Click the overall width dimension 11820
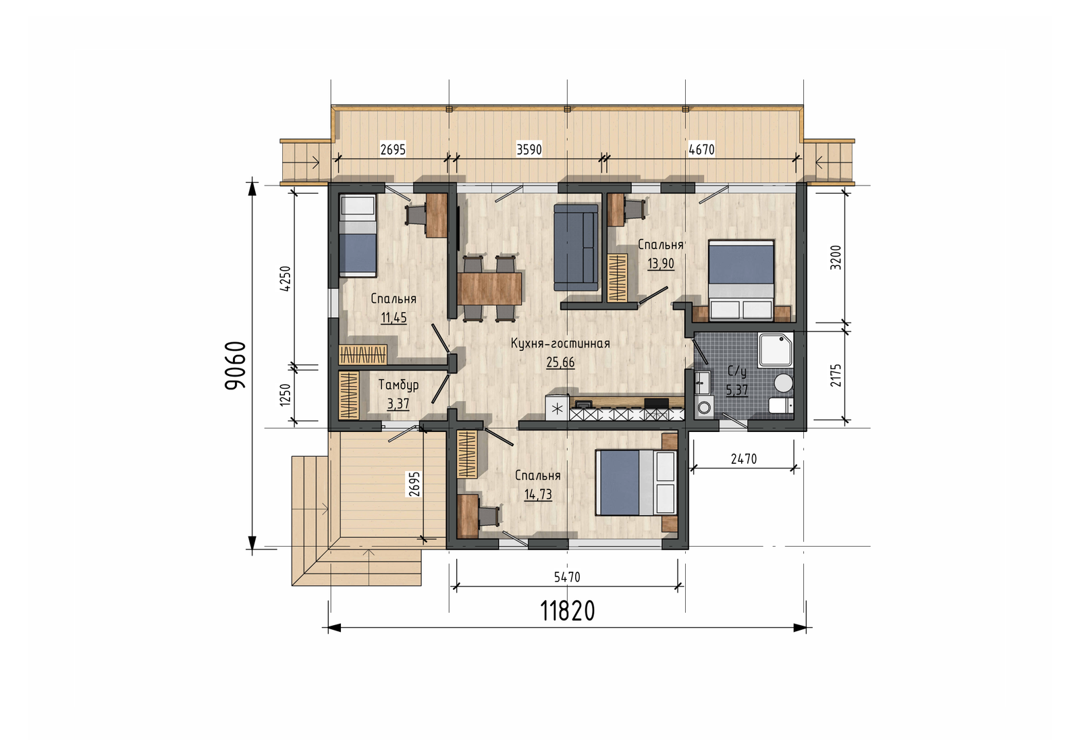568,611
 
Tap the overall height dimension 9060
236,365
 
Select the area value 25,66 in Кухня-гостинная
560,362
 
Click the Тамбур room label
398,385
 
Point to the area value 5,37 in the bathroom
736,389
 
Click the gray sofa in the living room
576,247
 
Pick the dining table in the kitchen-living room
489,289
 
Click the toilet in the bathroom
781,406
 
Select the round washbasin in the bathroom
784,383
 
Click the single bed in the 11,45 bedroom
357,236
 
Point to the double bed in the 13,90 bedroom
741,280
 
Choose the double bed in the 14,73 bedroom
637,483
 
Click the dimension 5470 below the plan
567,576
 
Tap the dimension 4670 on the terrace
701,149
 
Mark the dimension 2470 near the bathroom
744,459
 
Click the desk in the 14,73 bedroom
468,516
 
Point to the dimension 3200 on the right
836,257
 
